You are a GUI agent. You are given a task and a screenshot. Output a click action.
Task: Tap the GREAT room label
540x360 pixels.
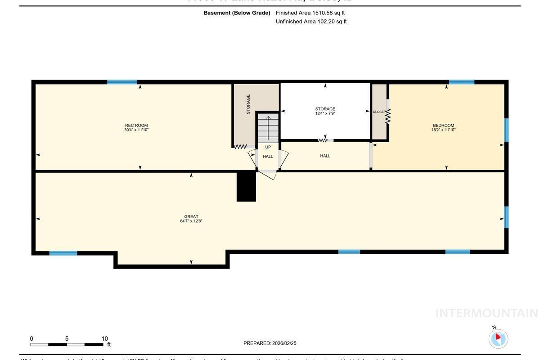(191, 219)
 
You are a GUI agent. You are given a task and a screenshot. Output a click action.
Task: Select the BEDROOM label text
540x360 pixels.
(443, 127)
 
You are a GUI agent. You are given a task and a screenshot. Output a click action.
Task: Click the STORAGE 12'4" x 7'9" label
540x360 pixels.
(325, 111)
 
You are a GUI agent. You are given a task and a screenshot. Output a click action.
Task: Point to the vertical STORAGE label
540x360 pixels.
(248, 104)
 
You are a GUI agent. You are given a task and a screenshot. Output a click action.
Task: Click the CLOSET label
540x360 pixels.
(378, 112)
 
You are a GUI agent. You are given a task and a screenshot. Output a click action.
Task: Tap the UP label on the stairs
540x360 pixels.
(268, 147)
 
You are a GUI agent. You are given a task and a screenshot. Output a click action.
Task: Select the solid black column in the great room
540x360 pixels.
(246, 187)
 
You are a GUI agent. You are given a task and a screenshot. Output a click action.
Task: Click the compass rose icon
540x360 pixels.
(498, 338)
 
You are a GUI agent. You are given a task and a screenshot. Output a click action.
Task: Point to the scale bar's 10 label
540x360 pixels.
(104, 339)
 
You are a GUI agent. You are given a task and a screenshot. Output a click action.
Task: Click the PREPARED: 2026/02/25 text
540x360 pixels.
(270, 343)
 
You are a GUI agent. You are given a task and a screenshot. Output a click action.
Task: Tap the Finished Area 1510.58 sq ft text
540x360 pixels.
(310, 13)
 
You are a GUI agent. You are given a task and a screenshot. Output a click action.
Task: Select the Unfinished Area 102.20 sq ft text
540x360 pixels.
(311, 22)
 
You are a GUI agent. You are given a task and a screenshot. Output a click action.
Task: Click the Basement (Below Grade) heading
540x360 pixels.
(237, 13)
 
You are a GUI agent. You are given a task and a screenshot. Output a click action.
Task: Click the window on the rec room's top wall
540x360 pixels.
(122, 82)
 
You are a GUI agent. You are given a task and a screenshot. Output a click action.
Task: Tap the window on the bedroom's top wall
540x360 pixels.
(461, 82)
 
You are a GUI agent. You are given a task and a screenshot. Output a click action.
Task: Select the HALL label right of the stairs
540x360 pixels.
(325, 156)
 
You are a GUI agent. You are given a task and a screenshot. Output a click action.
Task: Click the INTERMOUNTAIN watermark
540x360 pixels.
(486, 313)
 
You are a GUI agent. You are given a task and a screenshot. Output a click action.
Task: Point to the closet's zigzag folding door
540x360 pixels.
(387, 116)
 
